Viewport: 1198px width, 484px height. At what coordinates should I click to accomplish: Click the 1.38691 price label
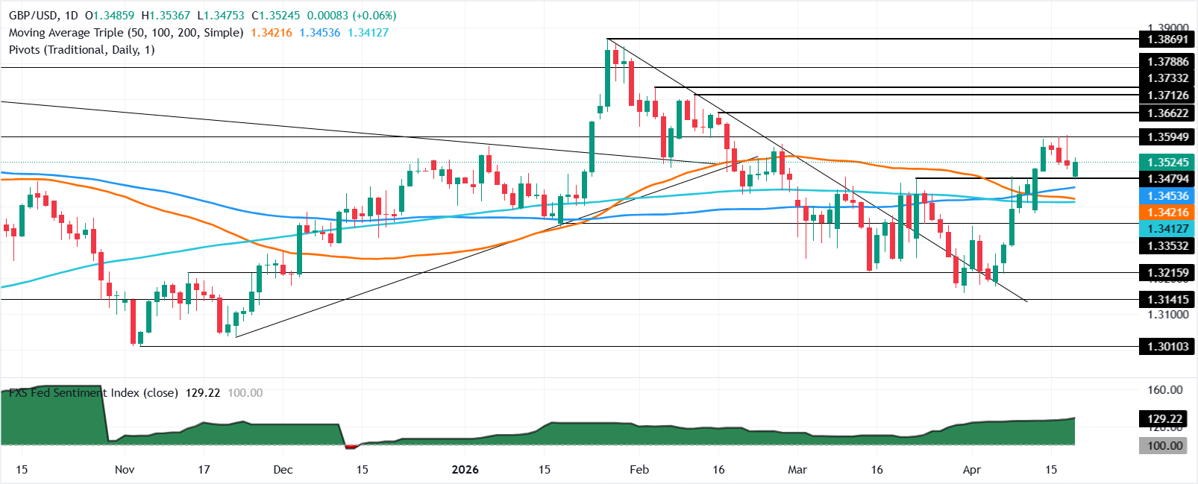(x=1167, y=40)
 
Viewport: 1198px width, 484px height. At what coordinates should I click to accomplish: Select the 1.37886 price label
(x=1167, y=62)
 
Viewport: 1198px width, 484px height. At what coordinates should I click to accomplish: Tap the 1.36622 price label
(x=1167, y=113)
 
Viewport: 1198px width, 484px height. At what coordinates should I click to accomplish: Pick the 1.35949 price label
(x=1167, y=137)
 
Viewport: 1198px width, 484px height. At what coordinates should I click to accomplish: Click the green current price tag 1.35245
(x=1167, y=163)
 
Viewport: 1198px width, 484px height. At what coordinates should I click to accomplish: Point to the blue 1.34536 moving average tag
(x=1167, y=196)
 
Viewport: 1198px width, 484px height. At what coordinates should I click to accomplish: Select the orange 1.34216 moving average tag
(x=1167, y=213)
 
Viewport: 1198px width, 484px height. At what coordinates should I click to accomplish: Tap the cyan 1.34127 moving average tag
(x=1167, y=230)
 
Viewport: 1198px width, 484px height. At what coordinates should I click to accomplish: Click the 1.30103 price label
(x=1167, y=347)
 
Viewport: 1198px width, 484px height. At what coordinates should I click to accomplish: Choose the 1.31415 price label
(x=1167, y=300)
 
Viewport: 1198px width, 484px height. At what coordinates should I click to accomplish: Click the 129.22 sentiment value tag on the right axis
(x=1164, y=419)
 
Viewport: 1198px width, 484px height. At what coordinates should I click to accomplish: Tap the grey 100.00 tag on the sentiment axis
(x=1164, y=446)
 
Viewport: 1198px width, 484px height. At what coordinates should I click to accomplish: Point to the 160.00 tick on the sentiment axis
(x=1164, y=390)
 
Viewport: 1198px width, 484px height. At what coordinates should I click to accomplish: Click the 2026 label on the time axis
(x=465, y=470)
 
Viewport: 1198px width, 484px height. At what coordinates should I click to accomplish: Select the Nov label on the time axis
(x=125, y=470)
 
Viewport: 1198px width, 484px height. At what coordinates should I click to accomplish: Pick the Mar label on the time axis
(x=797, y=470)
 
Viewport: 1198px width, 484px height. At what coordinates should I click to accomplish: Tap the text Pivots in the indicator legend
(x=25, y=50)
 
